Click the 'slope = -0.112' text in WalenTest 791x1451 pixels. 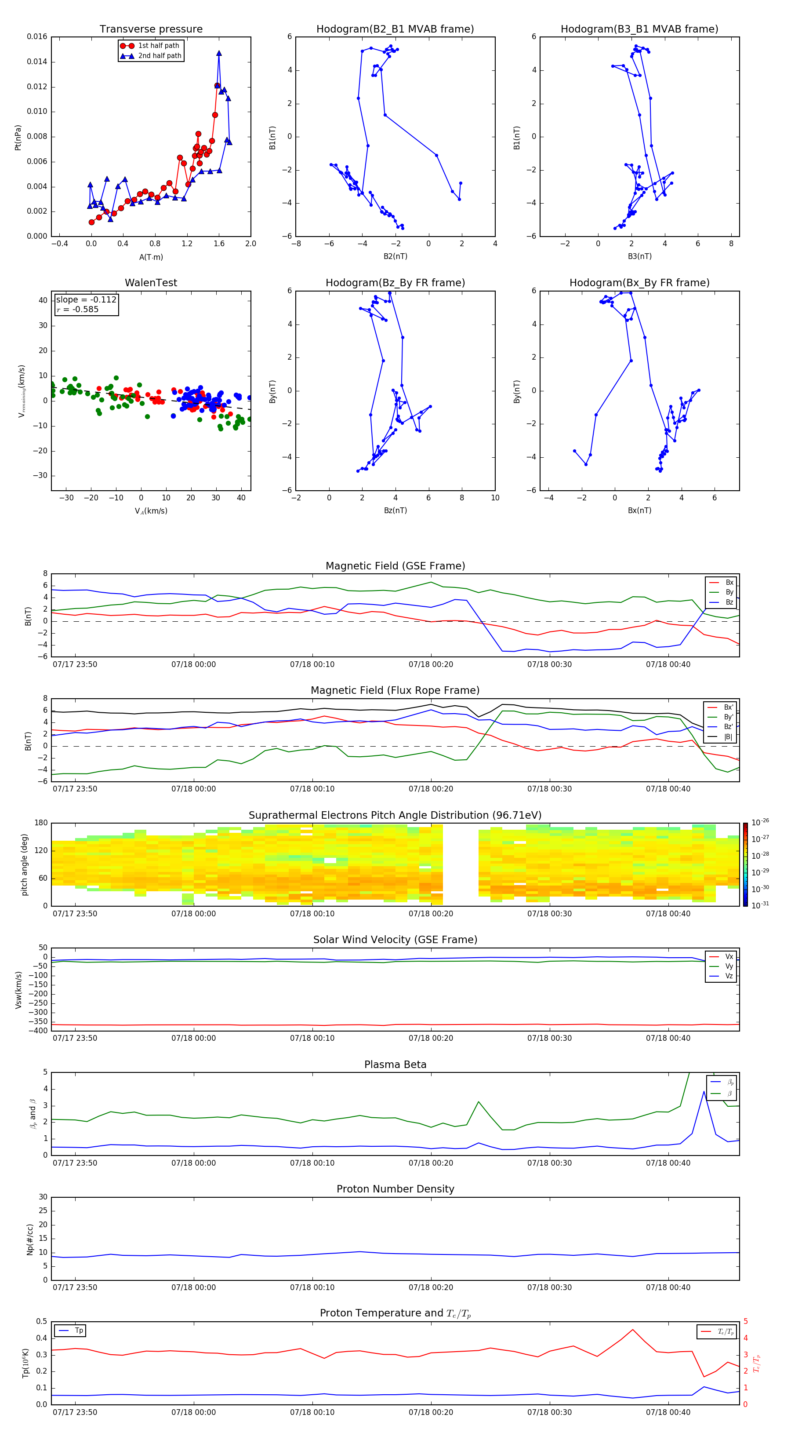click(x=86, y=300)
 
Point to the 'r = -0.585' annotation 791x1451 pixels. click(x=78, y=309)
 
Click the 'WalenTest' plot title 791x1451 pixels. click(x=151, y=283)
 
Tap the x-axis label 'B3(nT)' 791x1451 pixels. click(x=639, y=256)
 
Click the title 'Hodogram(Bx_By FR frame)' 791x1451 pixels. click(x=639, y=283)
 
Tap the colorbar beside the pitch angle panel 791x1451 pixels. click(x=745, y=864)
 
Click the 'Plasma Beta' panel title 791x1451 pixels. click(x=395, y=1065)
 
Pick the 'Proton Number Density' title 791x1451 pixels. click(x=395, y=1189)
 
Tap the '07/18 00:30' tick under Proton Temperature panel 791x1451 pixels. click(x=549, y=1412)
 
